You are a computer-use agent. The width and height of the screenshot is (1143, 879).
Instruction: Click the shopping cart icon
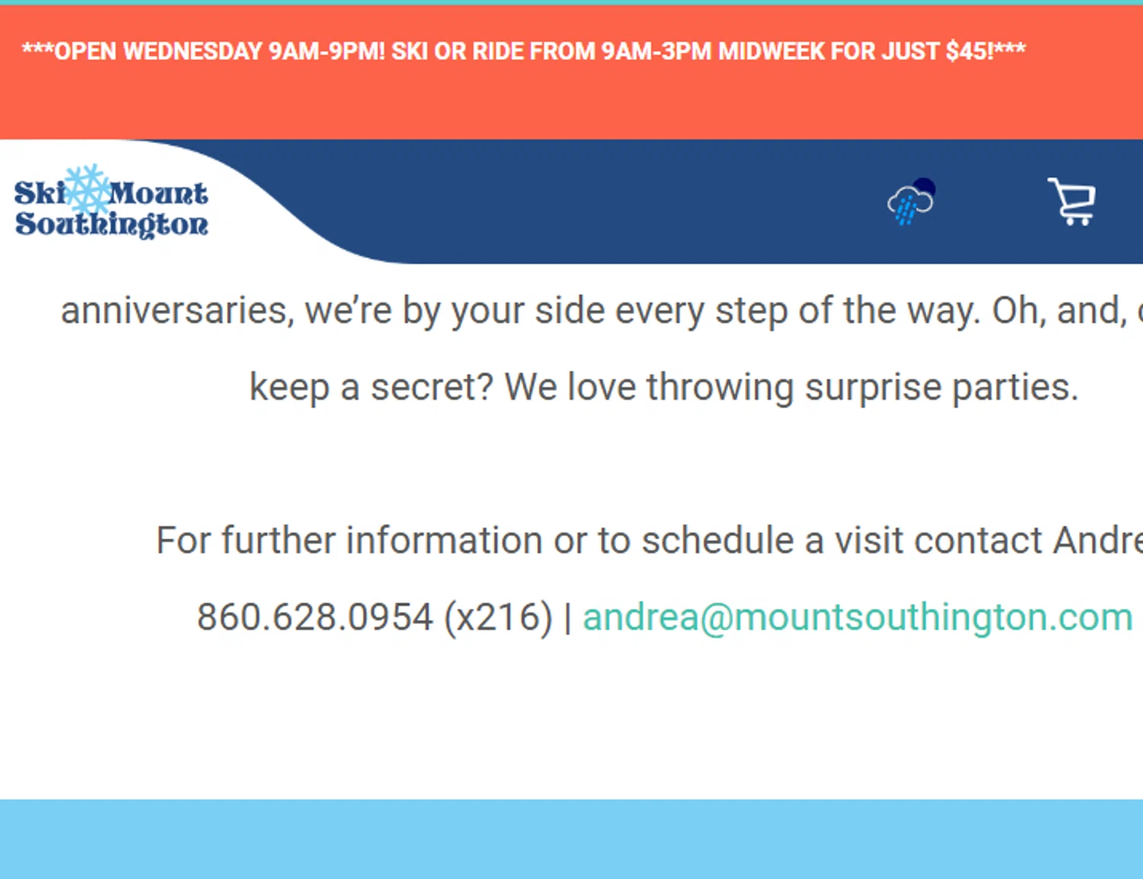click(1072, 202)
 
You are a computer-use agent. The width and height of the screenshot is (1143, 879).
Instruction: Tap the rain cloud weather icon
click(911, 202)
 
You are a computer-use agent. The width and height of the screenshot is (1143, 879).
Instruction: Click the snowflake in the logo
click(88, 190)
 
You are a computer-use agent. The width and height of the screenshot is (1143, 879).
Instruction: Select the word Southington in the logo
click(111, 224)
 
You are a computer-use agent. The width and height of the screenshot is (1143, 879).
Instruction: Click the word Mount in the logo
click(158, 193)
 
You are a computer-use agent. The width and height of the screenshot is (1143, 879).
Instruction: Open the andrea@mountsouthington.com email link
click(857, 617)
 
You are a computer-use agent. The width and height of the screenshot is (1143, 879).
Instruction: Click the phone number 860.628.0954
click(315, 617)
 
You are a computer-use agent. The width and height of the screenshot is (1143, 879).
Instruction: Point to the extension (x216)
click(498, 617)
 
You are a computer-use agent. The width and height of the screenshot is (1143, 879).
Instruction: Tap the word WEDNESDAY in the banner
click(193, 51)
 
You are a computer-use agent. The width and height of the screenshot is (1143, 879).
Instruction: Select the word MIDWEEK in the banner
click(771, 51)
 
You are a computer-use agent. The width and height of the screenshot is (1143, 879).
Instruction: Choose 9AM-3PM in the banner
click(655, 51)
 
